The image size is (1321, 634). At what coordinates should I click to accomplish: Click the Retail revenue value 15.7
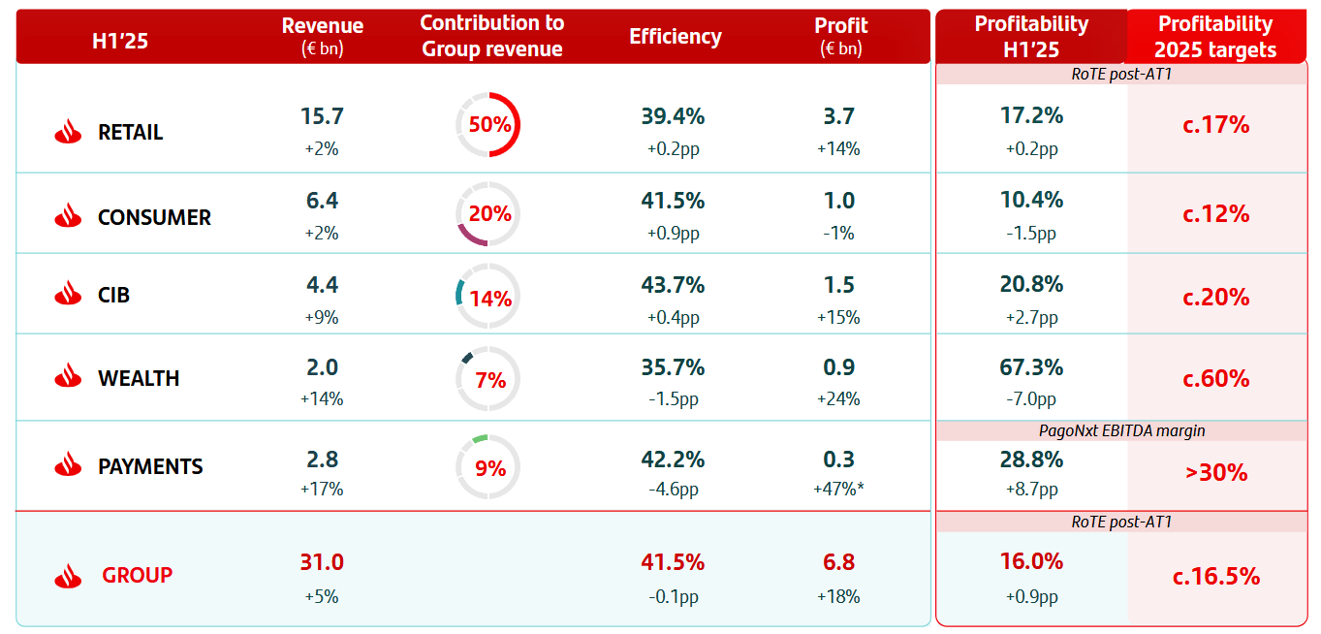pos(322,116)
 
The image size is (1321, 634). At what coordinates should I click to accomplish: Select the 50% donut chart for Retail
pos(488,125)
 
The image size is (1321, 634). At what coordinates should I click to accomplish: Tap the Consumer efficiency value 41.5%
pos(673,201)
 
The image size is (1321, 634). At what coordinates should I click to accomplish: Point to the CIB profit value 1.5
pos(839,285)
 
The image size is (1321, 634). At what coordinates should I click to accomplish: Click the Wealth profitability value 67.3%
pos(1031,367)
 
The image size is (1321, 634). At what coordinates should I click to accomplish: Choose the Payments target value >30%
pos(1216,473)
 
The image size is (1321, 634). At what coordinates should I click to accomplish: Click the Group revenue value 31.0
pos(322,562)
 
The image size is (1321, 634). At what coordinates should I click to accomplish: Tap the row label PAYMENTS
pos(150,466)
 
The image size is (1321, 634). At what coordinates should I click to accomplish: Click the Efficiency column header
pos(676,37)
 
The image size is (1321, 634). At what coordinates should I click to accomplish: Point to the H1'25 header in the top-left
pos(119,41)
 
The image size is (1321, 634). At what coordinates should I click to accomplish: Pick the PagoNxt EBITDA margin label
pos(1121,430)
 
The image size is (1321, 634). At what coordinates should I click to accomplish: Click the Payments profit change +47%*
pos(839,490)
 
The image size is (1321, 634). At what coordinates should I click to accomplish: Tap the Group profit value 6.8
pos(839,562)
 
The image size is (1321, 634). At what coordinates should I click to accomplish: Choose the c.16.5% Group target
pos(1216,577)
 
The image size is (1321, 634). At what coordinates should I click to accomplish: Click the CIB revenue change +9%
pos(322,317)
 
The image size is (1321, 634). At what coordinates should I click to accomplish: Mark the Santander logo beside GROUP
pos(68,576)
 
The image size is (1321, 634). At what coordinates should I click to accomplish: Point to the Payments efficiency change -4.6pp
pos(673,490)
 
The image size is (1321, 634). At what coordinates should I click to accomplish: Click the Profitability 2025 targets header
pos(1216,37)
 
